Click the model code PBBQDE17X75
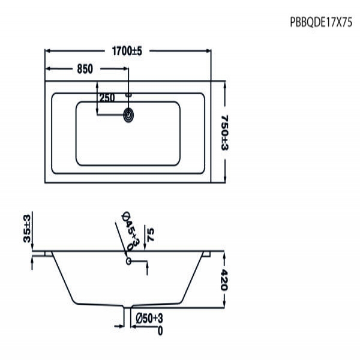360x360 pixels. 321,23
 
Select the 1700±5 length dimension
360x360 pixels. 127,51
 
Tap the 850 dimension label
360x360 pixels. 85,69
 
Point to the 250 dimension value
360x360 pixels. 107,98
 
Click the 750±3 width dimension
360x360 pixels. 225,133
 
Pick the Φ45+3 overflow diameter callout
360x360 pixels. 131,231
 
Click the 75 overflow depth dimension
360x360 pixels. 151,235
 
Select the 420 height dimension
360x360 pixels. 224,280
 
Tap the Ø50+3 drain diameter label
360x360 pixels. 149,319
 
